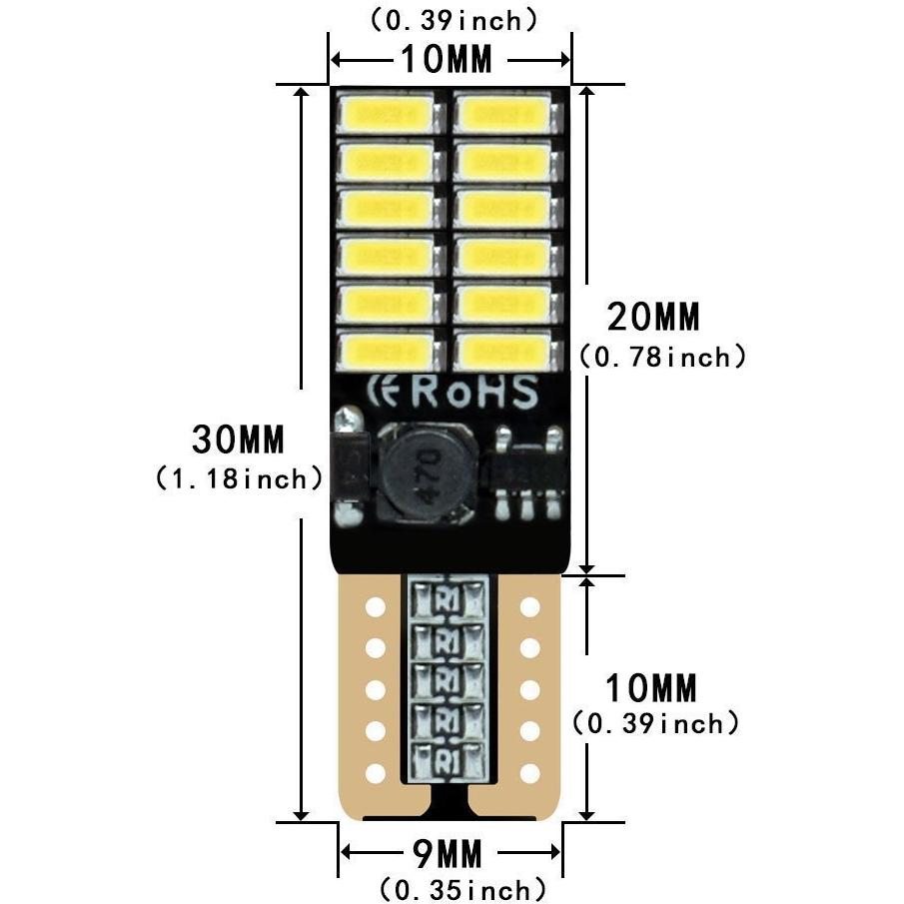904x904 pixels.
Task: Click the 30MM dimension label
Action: tap(238, 440)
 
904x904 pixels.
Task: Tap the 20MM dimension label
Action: tap(652, 317)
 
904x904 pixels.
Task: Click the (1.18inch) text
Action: tap(239, 479)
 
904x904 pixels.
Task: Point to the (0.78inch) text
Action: tap(662, 357)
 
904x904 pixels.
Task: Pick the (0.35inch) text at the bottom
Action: tap(462, 889)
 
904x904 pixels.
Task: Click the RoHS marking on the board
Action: tap(475, 392)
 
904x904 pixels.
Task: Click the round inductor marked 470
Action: tap(428, 469)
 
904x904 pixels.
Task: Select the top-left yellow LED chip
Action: tap(387, 114)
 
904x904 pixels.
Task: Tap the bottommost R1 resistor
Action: tap(448, 760)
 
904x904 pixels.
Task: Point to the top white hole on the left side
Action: tap(376, 607)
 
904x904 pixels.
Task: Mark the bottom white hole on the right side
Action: tap(529, 773)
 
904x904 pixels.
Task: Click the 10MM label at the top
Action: tap(447, 59)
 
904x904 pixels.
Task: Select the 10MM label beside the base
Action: tap(651, 688)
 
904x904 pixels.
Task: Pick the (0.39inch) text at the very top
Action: tap(453, 20)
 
